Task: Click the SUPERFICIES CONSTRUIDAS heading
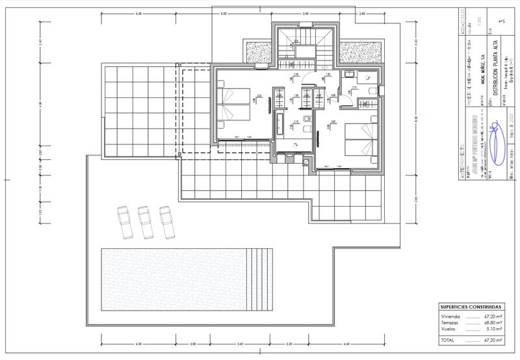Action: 471,306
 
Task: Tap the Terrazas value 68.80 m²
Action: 492,322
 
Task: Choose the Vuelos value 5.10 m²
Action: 493,329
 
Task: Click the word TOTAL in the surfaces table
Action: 448,340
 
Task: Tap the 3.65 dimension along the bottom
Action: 240,344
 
